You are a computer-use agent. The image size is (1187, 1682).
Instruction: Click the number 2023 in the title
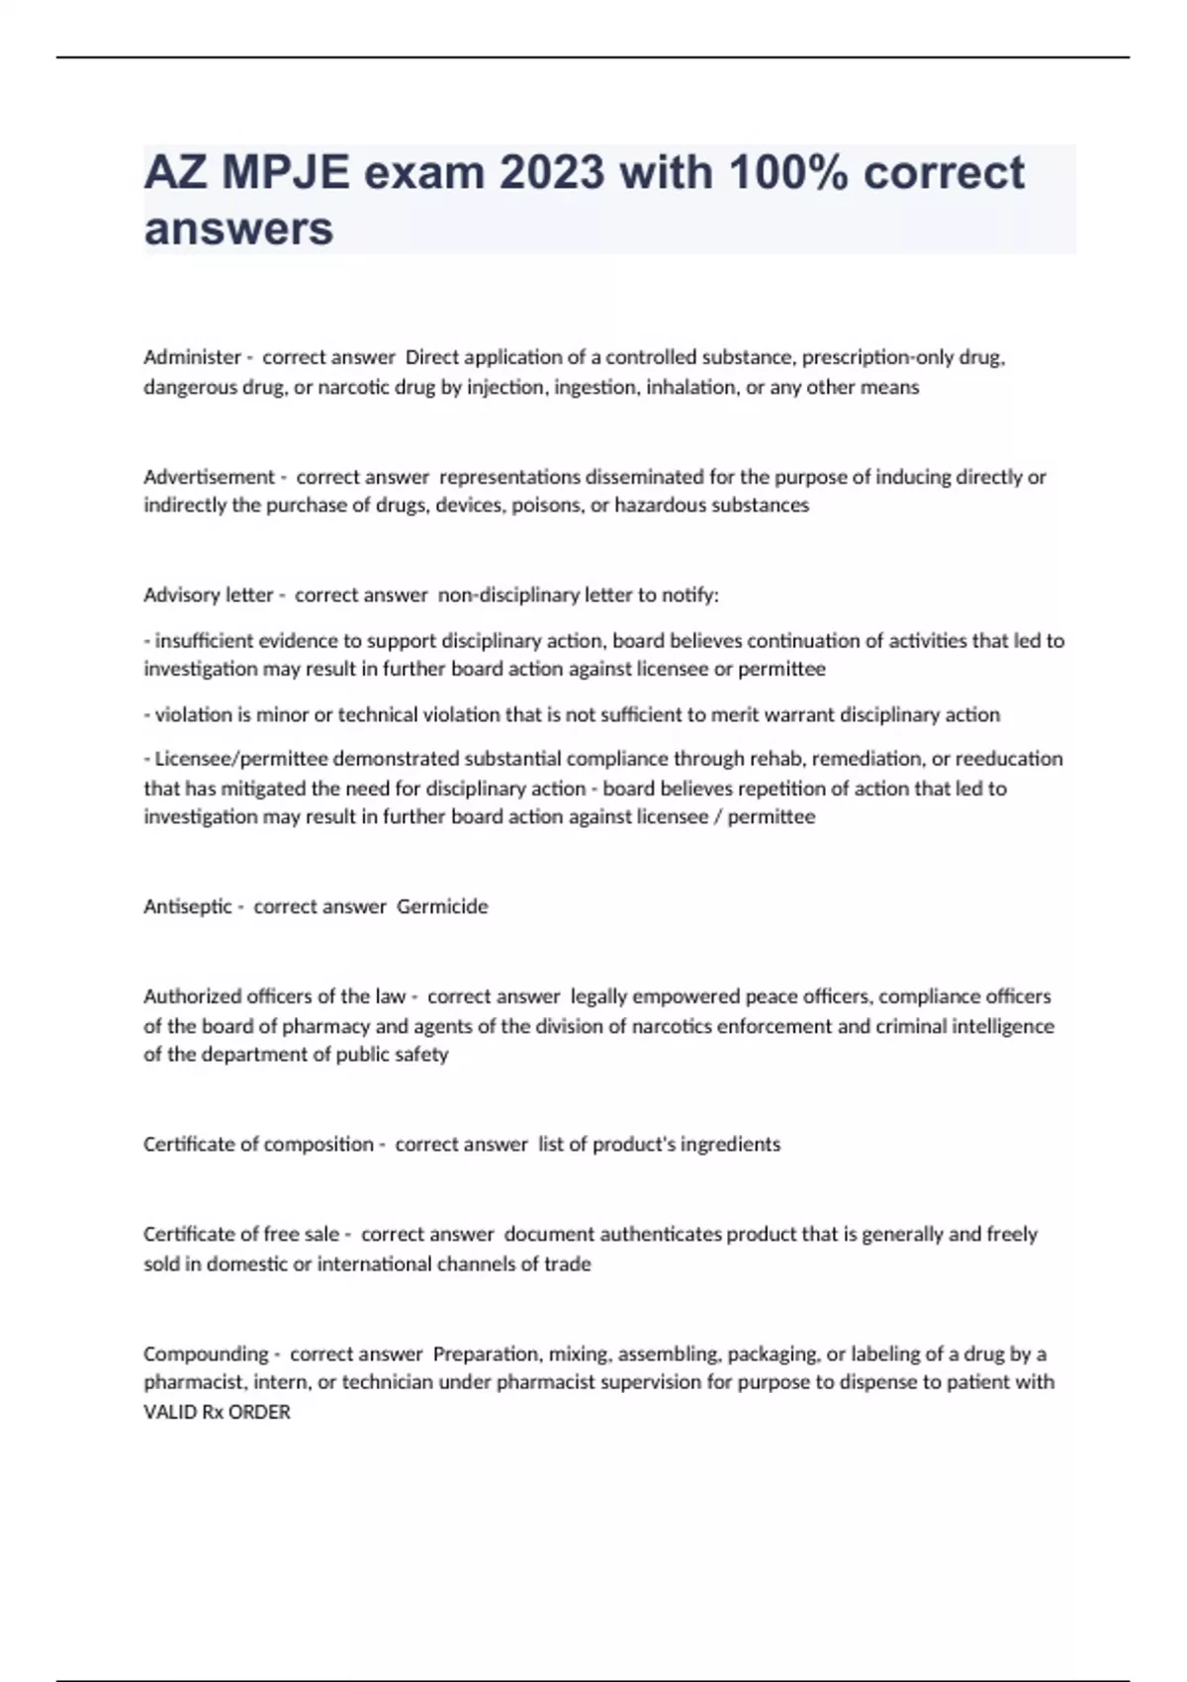click(551, 173)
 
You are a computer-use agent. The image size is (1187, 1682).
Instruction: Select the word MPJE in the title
click(285, 173)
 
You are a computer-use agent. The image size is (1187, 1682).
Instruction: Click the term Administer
click(192, 357)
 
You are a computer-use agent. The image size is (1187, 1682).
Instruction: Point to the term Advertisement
click(209, 477)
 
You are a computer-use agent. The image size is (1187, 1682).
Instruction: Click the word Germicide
click(442, 906)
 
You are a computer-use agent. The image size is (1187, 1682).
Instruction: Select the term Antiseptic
click(188, 906)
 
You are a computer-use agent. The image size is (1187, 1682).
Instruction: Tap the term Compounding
click(206, 1354)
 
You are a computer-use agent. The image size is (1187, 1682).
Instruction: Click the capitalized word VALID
click(169, 1413)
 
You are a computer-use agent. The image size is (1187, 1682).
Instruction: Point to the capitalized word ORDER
click(259, 1413)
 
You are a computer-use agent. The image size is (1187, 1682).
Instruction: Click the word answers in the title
click(238, 229)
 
